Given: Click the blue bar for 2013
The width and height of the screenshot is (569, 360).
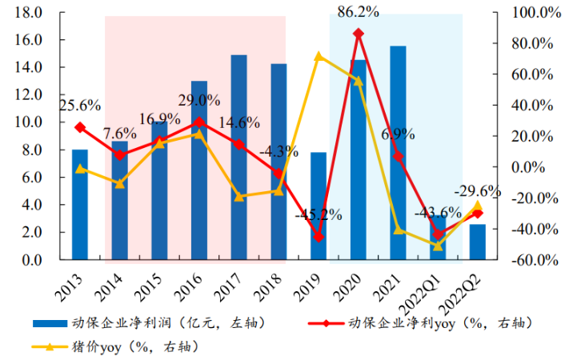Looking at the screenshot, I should (80, 205).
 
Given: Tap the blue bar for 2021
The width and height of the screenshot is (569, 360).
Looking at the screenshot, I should (398, 153).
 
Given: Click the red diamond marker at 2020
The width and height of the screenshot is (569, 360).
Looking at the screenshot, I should (358, 34).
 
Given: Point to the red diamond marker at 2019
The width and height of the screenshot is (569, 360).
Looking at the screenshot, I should (319, 237).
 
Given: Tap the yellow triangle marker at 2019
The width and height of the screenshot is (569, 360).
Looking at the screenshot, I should (319, 56).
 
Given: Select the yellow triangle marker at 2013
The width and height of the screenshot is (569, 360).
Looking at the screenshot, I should (80, 169).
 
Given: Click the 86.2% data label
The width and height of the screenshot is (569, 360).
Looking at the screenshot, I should (359, 12).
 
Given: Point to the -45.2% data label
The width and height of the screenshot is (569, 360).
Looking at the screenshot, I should (318, 215).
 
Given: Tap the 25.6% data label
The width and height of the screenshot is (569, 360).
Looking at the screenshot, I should (78, 105).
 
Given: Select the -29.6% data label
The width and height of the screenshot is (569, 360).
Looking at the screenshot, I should (478, 192).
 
